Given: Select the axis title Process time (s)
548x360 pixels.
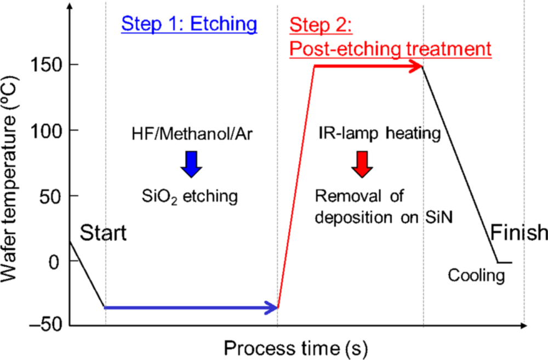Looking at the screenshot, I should coord(295,347).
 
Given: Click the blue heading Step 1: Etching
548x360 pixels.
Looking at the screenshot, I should coord(189,24).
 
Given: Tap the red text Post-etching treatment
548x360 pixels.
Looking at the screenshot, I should coord(390,49).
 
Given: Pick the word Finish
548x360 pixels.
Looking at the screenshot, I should coord(518,233).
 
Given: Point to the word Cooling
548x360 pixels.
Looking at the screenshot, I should coord(476,275).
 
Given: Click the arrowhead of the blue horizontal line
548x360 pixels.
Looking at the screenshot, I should coord(272,308).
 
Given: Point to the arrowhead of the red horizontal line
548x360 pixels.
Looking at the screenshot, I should coord(416,67).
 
